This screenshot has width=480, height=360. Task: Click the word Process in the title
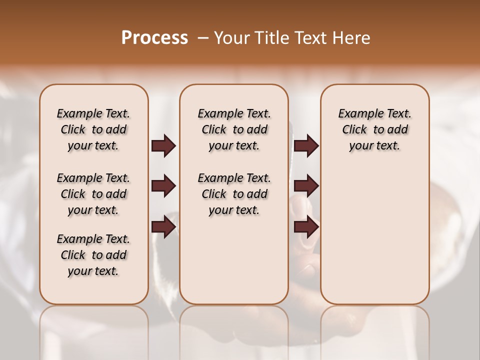[154, 38]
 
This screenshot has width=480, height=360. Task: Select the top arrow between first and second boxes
[163, 146]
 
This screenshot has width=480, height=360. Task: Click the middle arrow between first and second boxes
[163, 186]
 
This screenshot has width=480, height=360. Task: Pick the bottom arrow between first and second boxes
[163, 227]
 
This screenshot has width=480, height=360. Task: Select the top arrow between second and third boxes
[306, 146]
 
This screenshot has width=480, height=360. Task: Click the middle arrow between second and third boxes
[306, 186]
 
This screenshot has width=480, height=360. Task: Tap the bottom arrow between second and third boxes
[306, 227]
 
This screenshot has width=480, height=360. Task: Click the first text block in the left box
[93, 129]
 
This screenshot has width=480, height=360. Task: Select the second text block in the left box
[93, 194]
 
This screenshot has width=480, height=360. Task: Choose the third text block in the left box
[93, 255]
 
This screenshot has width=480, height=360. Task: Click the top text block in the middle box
[234, 129]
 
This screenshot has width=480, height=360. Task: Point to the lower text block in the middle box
[234, 194]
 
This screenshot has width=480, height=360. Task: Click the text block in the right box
[374, 129]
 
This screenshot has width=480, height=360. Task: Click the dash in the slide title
[203, 38]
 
